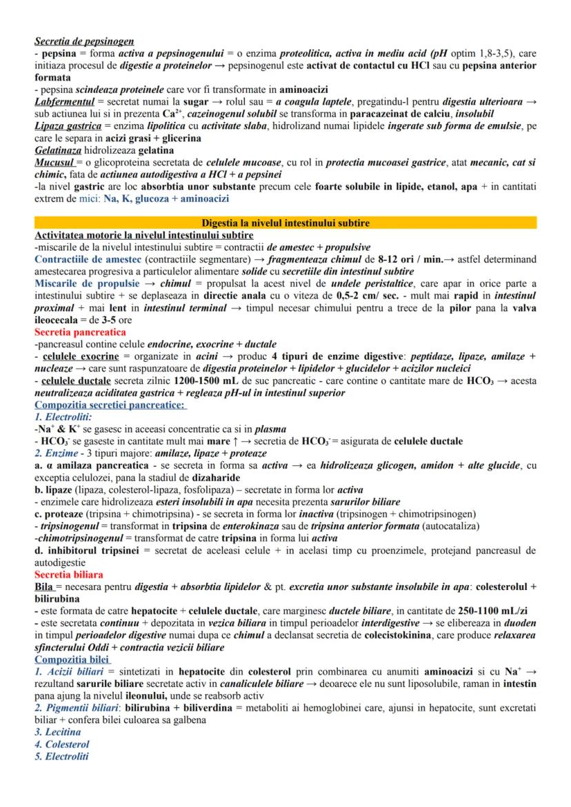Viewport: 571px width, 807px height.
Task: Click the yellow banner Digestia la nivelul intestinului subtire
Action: pyautogui.click(x=285, y=223)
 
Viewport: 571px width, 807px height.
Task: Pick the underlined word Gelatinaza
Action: pyautogui.click(x=57, y=150)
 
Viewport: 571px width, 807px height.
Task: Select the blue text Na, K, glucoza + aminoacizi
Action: pyautogui.click(x=166, y=198)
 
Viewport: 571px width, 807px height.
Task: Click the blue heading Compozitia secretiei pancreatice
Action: pyautogui.click(x=110, y=405)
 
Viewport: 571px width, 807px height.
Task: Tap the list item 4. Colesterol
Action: pyautogui.click(x=62, y=744)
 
